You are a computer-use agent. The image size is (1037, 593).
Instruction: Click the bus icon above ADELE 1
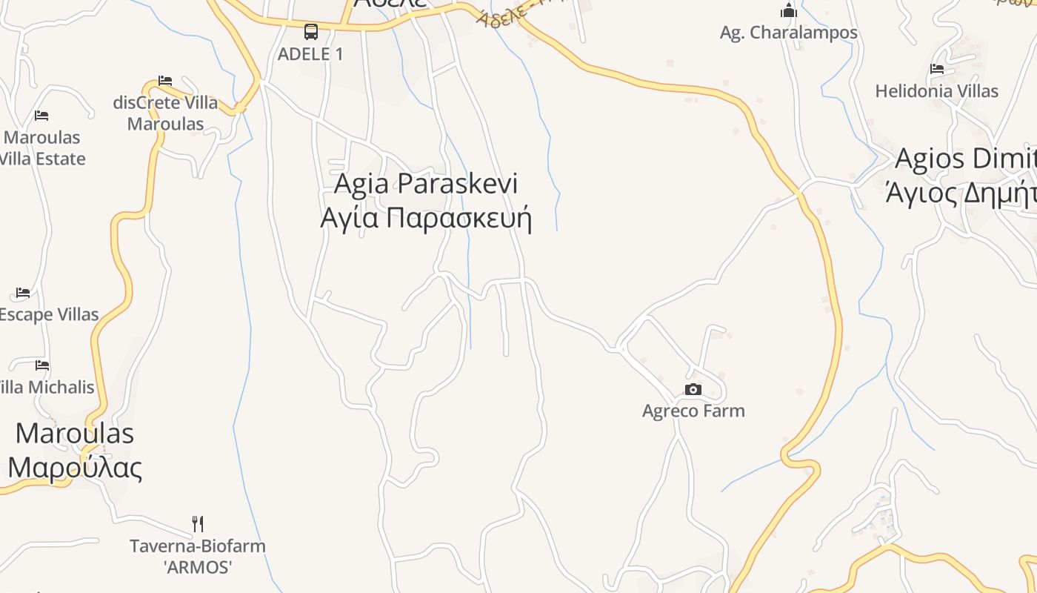point(311,32)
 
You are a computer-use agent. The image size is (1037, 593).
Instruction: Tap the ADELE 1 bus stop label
point(310,54)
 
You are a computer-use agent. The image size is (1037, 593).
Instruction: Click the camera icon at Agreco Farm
point(693,390)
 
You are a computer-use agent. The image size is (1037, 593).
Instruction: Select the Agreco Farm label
point(693,411)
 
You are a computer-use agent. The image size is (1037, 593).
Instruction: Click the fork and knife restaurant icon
point(198,524)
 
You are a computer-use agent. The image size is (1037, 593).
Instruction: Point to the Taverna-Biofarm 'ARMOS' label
point(198,557)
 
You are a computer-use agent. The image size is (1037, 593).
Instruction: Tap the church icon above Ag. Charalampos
point(789,10)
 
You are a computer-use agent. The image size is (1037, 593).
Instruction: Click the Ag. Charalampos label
point(789,33)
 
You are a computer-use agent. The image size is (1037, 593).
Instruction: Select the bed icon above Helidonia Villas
point(937,69)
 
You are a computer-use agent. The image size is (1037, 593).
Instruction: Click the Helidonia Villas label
point(937,91)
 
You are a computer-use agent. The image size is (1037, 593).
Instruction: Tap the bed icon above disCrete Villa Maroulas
point(165,80)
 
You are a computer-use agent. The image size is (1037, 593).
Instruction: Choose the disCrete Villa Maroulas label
point(166,113)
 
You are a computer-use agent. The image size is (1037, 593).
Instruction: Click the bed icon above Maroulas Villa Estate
point(41,116)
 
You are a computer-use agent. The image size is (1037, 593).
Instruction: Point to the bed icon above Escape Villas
point(23,293)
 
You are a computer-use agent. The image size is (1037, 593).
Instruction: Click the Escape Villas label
point(49,314)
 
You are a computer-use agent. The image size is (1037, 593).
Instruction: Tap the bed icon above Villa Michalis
point(42,365)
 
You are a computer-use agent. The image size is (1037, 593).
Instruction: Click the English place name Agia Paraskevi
point(426,183)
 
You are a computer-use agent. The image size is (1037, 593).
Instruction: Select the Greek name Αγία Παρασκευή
point(426,219)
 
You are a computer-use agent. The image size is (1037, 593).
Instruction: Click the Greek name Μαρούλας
point(75,468)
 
